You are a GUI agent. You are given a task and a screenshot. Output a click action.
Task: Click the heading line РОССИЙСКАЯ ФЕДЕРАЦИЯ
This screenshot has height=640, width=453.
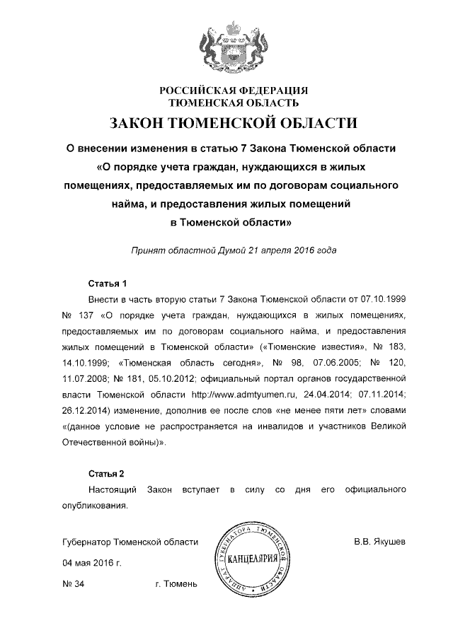tap(233, 91)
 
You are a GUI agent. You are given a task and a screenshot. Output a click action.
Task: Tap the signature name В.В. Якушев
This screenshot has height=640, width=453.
tap(380, 542)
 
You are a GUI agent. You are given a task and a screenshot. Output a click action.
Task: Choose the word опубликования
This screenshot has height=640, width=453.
tap(95, 505)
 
